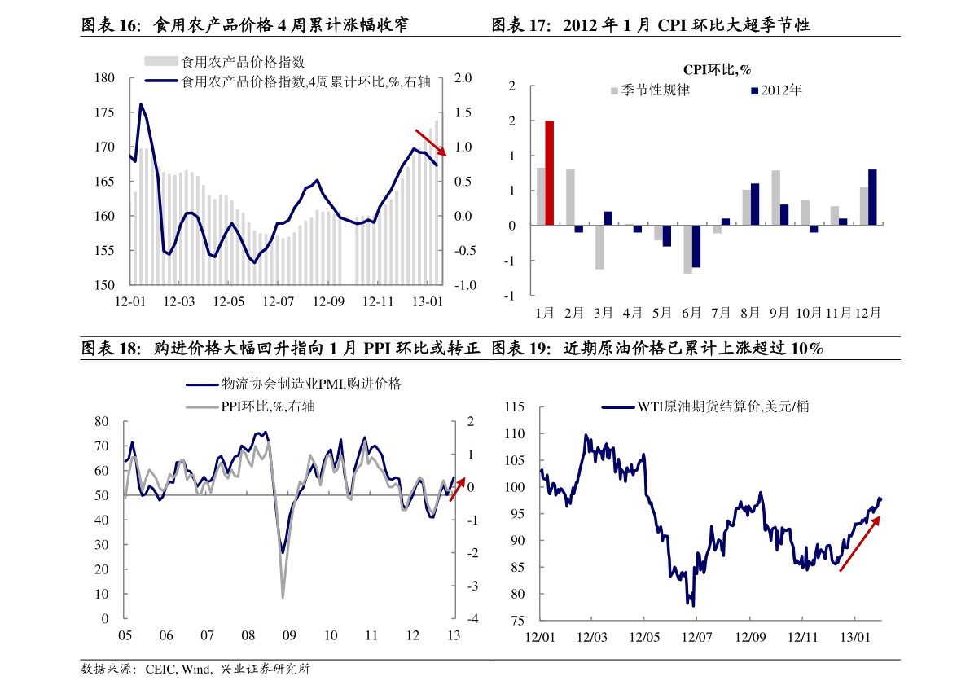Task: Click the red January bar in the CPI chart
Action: click(x=550, y=173)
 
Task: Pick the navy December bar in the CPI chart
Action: click(x=872, y=197)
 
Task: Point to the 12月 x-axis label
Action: click(x=867, y=313)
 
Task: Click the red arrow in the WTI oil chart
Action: click(x=859, y=543)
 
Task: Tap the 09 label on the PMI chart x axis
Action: click(x=289, y=635)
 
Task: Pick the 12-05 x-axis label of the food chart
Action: click(x=229, y=301)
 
